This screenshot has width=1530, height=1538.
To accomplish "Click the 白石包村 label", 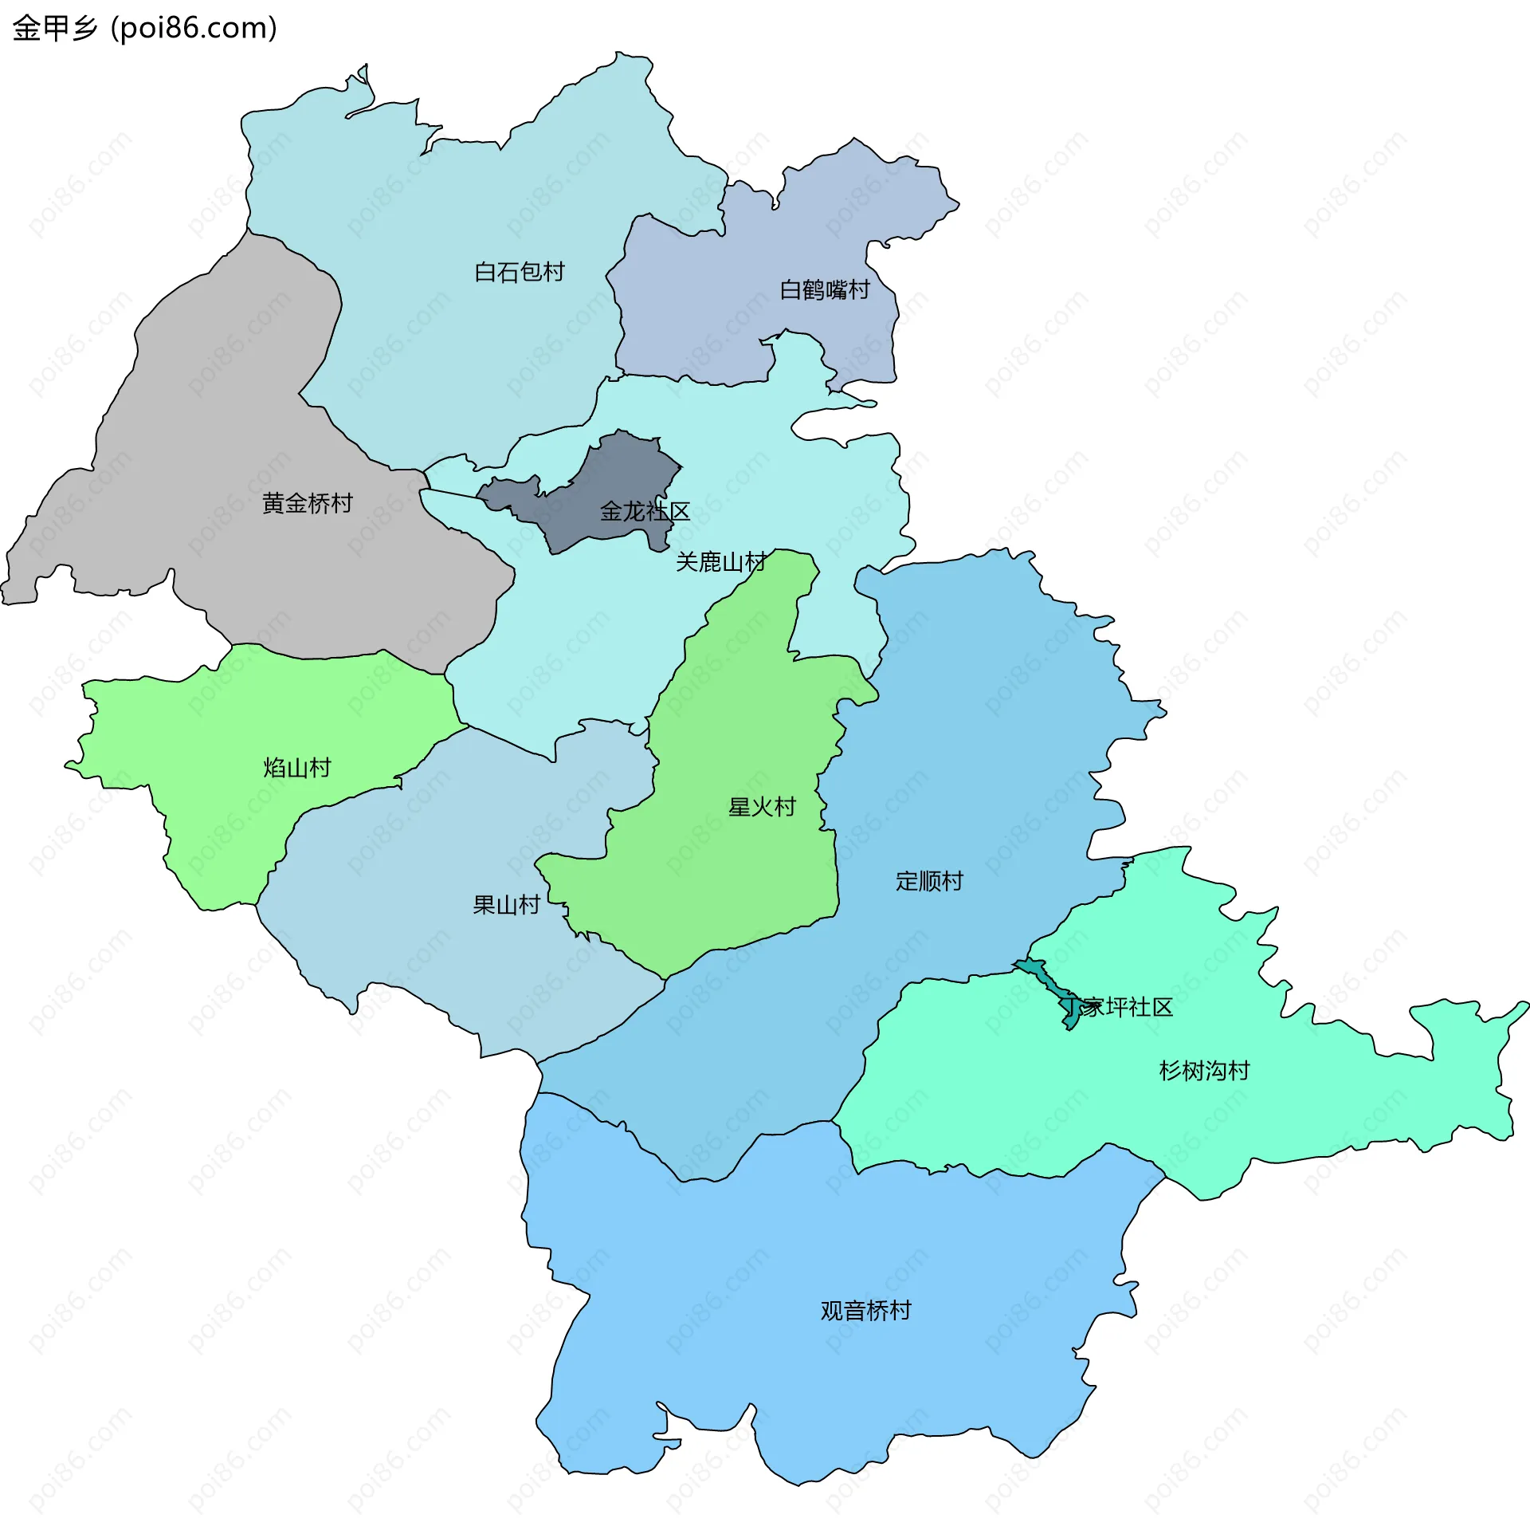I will [519, 273].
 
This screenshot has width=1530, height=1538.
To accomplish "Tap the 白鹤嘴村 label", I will [824, 290].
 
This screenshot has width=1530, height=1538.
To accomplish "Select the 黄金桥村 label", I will [307, 504].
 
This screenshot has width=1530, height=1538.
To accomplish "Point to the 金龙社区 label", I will [644, 512].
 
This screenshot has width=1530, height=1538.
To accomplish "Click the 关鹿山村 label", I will [720, 563].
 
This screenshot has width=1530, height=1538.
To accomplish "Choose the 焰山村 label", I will [296, 769].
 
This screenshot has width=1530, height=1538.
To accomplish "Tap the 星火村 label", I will [761, 808].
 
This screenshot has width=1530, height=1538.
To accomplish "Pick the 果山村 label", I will [506, 906].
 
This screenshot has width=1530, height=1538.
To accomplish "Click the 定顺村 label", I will [928, 882].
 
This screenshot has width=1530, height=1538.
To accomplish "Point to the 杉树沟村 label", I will [1203, 1072].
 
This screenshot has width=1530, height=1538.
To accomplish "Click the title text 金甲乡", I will [54, 29].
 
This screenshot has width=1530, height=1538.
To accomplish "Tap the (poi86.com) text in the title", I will [194, 29].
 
